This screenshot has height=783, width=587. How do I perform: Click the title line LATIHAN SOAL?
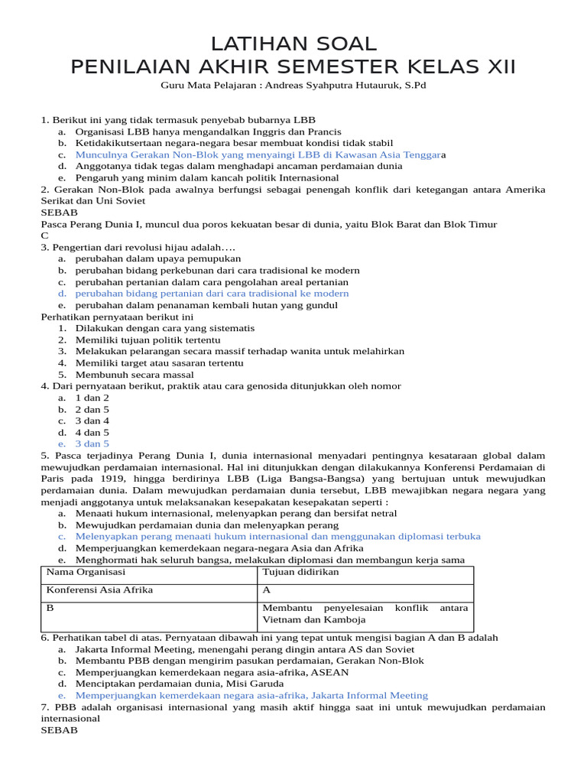pos(293,43)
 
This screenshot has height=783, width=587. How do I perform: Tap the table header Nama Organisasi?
pos(86,572)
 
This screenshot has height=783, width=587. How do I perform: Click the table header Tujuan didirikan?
pos(300,572)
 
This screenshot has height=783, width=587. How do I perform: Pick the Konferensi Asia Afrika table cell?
pos(99,590)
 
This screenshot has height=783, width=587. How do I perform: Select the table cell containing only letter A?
pos(267,590)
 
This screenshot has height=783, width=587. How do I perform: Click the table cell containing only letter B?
pos(50,608)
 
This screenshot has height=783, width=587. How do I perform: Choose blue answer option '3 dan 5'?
pos(92,443)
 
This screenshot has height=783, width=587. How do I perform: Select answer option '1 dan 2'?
pos(92,398)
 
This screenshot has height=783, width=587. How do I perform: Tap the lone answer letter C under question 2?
pos(44,236)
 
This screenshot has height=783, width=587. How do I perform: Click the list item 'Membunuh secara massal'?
pos(135,375)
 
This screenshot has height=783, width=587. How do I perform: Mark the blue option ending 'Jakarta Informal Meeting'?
pos(251,695)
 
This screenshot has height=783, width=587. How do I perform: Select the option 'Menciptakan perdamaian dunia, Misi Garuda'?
pos(180,684)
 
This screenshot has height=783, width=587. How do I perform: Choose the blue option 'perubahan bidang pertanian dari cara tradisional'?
pos(212,294)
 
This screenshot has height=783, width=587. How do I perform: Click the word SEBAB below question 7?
pos(58,730)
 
